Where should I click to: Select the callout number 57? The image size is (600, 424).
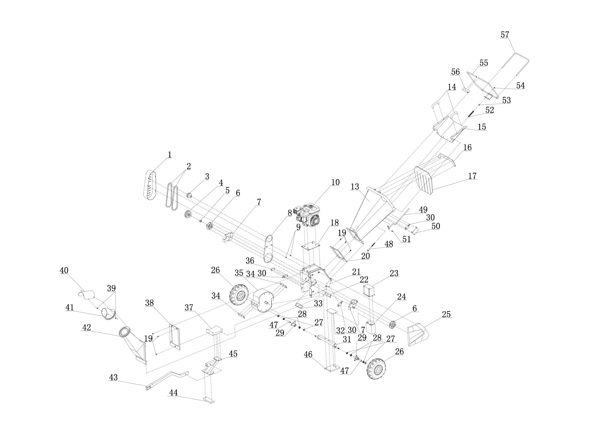click(505, 35)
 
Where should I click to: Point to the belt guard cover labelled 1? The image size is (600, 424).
click(150, 184)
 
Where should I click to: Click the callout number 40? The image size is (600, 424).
click(64, 270)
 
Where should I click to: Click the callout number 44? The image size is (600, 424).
click(173, 400)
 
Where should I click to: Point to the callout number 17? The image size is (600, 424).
click(472, 176)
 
